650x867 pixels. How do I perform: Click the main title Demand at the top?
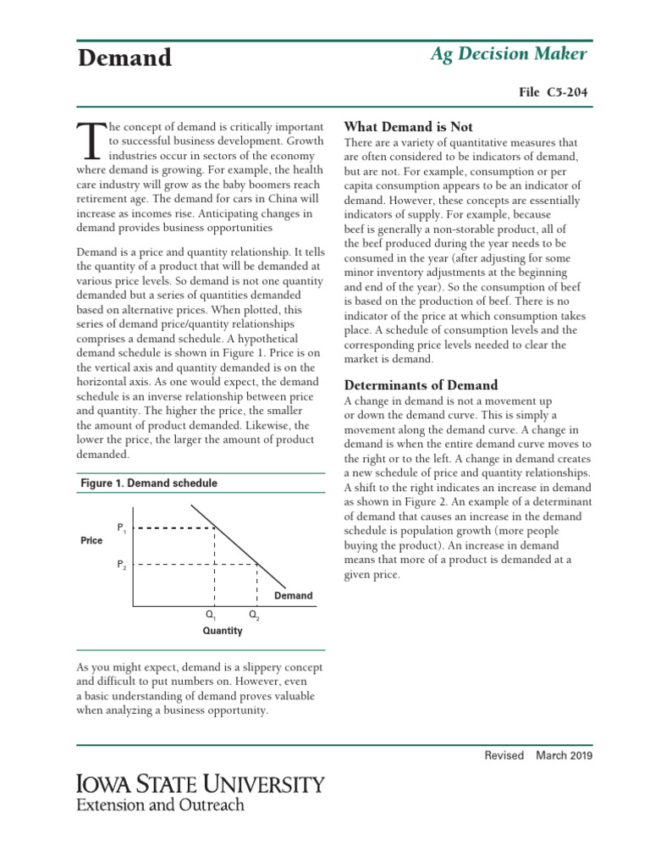[x=124, y=58]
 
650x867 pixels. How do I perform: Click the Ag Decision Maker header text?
[x=509, y=54]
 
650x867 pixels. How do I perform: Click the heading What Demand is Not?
[x=408, y=126]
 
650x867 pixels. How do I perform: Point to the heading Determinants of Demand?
[x=421, y=385]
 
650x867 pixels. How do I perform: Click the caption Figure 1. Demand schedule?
[x=148, y=483]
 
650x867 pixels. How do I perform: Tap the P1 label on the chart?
[x=121, y=528]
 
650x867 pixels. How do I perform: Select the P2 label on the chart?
[x=121, y=564]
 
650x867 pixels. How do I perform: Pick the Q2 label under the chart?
[x=254, y=616]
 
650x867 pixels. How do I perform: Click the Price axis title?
[x=91, y=540]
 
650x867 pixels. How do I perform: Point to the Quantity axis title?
[x=223, y=631]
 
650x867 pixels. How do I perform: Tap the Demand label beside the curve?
[x=293, y=596]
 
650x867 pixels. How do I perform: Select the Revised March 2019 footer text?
[x=538, y=755]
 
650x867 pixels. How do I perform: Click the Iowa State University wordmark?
[x=200, y=783]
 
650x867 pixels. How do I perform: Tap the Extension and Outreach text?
[x=160, y=805]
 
